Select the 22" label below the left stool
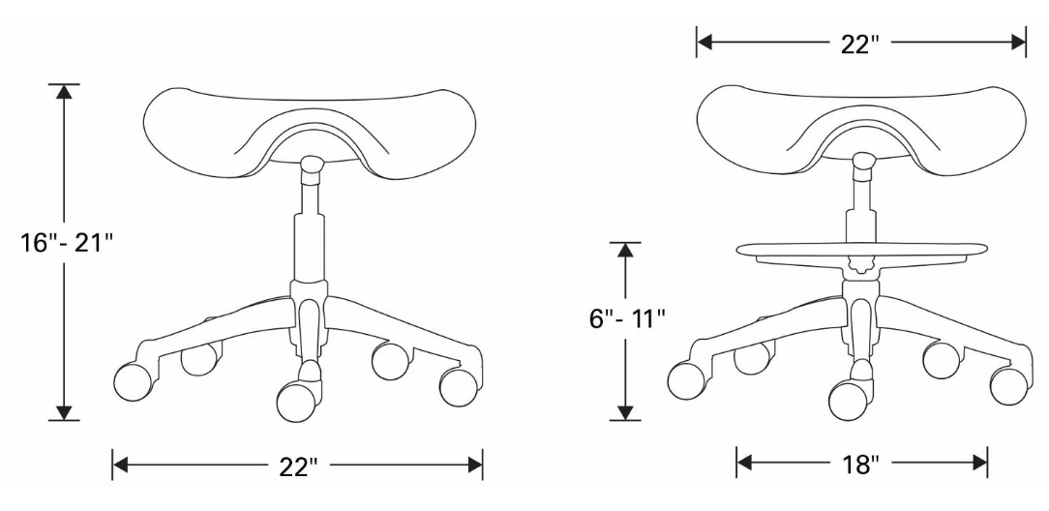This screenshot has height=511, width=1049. coord(298,466)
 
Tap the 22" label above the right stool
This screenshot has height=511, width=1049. coord(859,42)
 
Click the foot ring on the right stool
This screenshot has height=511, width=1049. coord(860,254)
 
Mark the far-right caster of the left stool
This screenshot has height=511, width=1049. coord(459,386)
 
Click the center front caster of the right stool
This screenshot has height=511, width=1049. coord(849,398)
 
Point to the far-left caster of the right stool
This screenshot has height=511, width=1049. coord(685,379)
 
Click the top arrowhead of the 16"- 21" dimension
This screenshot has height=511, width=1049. coord(64,93)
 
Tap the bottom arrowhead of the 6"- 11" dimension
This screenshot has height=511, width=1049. coord(627,411)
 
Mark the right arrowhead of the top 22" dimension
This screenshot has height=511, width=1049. coord(1017,42)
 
